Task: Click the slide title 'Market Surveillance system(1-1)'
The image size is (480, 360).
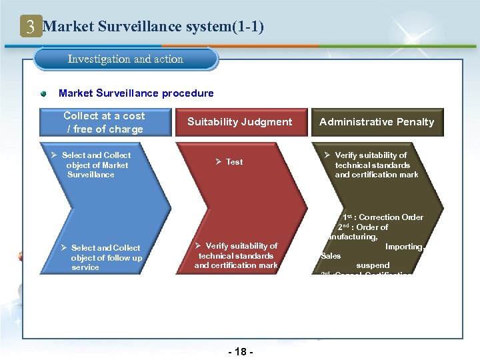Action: coord(153,27)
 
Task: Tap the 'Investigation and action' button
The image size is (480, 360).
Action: coord(126,59)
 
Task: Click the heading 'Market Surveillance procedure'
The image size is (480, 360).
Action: coord(136,93)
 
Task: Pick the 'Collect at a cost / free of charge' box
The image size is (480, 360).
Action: coord(103,122)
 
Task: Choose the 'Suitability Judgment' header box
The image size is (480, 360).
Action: coord(239,122)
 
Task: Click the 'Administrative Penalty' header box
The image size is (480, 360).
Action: coord(376,122)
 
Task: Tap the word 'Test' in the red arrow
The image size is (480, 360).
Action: coord(234,162)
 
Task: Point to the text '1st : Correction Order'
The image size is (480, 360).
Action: coord(383,217)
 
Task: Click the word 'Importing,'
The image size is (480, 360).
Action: coord(405,247)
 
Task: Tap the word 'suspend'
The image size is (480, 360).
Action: coord(373,265)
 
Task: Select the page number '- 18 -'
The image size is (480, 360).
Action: coord(241,351)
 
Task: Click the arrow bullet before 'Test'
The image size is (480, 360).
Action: coord(218,162)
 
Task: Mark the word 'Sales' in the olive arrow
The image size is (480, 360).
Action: coord(331,256)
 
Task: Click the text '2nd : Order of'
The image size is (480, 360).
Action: coord(363,227)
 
